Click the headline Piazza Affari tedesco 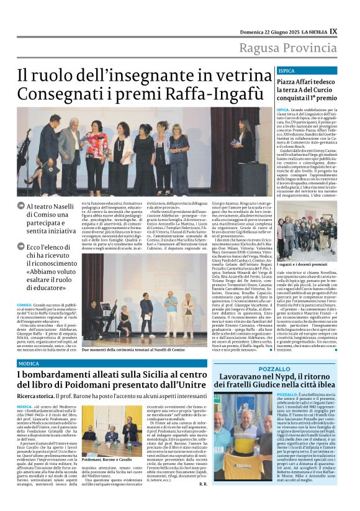pos(304,81)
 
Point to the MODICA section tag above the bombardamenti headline pos(29,363)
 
